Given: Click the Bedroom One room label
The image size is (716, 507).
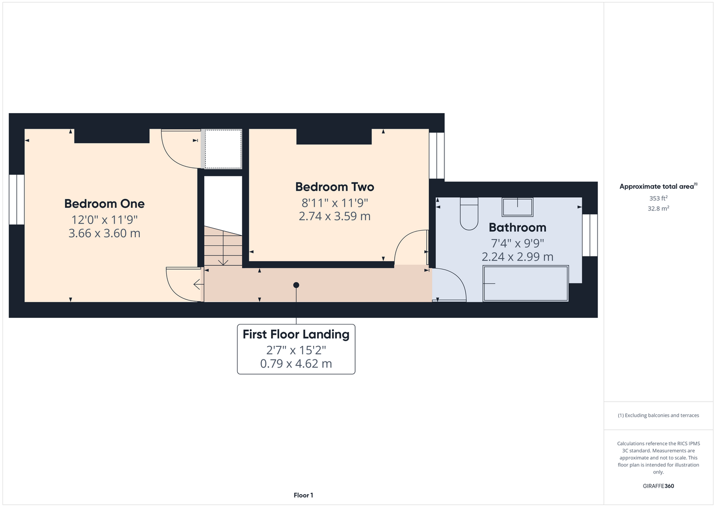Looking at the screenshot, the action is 104,203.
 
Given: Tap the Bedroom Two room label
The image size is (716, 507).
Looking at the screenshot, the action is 334,187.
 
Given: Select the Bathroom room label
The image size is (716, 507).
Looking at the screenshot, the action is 517,228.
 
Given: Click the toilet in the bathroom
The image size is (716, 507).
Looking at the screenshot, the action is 469,213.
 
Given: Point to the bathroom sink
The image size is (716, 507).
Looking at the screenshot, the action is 517,207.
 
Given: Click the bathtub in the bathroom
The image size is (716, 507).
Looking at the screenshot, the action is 525,283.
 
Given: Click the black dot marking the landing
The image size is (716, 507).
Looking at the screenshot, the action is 296,285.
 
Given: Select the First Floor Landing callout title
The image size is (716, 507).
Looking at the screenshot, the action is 296,334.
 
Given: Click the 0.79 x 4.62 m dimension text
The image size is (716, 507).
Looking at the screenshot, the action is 296,364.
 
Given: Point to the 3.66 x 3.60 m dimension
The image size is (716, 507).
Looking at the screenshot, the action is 104,233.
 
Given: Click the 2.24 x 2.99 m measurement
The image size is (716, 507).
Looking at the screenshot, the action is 517,257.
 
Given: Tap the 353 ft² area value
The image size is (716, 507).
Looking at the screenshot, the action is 658,198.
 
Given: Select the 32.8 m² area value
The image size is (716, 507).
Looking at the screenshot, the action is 658,208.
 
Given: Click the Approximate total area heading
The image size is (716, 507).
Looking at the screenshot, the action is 658,186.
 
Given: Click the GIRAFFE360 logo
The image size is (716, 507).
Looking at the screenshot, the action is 658,486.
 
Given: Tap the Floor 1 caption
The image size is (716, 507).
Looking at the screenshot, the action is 304,495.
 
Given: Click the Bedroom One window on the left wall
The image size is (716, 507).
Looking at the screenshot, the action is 17,199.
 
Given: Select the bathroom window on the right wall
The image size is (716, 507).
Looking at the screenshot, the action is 590,235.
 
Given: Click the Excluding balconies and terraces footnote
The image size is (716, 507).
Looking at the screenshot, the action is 658,415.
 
